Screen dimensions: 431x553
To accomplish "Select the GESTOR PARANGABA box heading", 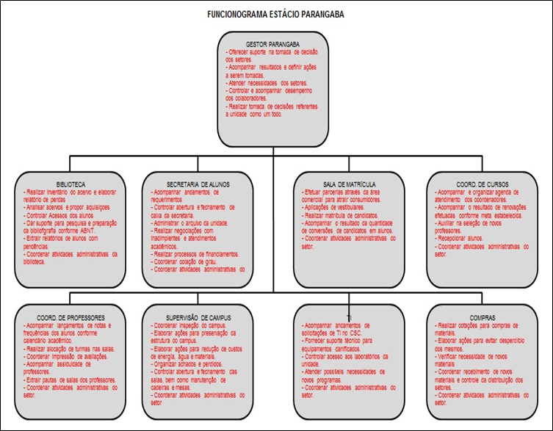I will (x=273, y=43).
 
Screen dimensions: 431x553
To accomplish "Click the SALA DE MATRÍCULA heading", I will (x=350, y=183).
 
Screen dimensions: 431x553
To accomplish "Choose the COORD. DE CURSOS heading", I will (x=477, y=183).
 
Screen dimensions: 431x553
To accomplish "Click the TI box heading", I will (x=350, y=317).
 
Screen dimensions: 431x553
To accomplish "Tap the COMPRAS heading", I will (x=477, y=317).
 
